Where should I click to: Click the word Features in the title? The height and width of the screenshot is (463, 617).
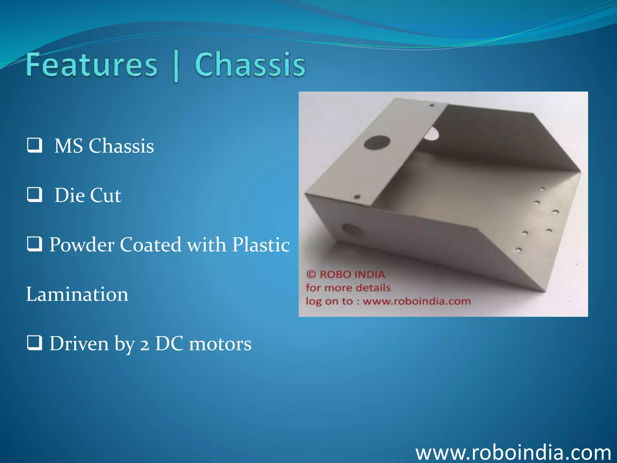coord(92,65)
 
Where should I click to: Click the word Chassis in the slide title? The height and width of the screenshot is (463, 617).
coord(250,65)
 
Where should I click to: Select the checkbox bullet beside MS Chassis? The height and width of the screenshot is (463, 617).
coord(34,145)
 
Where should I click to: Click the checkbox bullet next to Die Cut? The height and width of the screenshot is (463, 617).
coord(34,194)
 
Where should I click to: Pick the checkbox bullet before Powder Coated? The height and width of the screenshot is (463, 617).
coord(34,244)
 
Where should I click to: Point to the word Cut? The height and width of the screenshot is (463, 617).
coord(105,195)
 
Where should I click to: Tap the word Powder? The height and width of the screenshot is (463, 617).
coord(82,244)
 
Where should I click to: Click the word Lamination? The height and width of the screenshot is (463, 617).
coord(77,294)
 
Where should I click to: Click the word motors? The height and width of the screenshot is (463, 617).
coord(220,344)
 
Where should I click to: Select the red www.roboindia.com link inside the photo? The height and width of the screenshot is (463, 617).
coord(417,301)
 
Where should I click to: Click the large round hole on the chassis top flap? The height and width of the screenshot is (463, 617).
coord(377,143)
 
